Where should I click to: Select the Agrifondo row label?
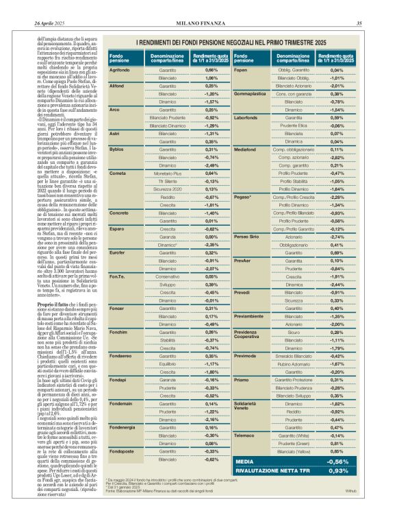click(120, 70)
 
